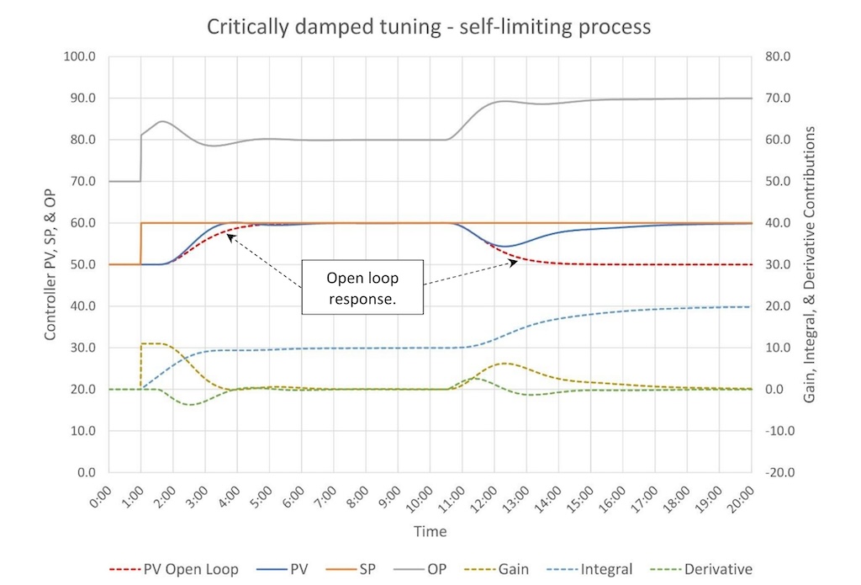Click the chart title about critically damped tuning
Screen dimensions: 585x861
pos(429,26)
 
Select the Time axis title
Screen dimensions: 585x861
pos(430,532)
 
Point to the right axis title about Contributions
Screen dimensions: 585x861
pos(810,264)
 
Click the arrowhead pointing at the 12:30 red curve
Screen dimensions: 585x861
pos(514,263)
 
